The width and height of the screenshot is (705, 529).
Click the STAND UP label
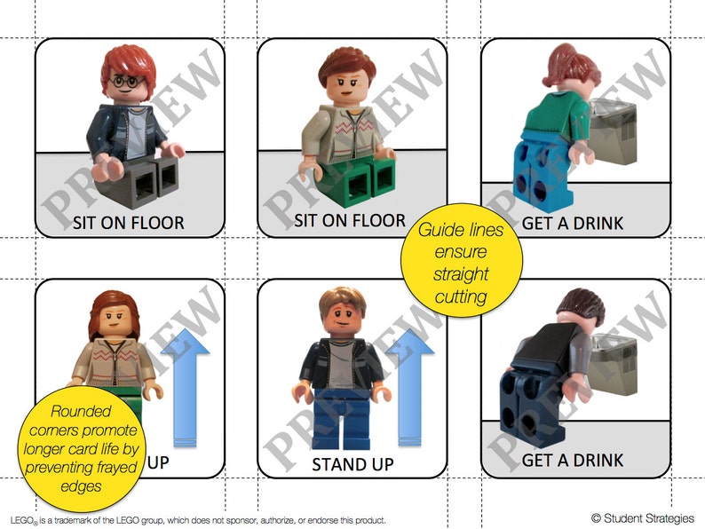pyautogui.click(x=352, y=464)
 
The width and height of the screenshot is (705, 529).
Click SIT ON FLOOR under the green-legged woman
pyautogui.click(x=350, y=220)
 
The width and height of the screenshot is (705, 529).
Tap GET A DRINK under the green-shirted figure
pyautogui.click(x=573, y=222)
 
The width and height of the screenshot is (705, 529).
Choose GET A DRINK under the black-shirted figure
pyautogui.click(x=573, y=461)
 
